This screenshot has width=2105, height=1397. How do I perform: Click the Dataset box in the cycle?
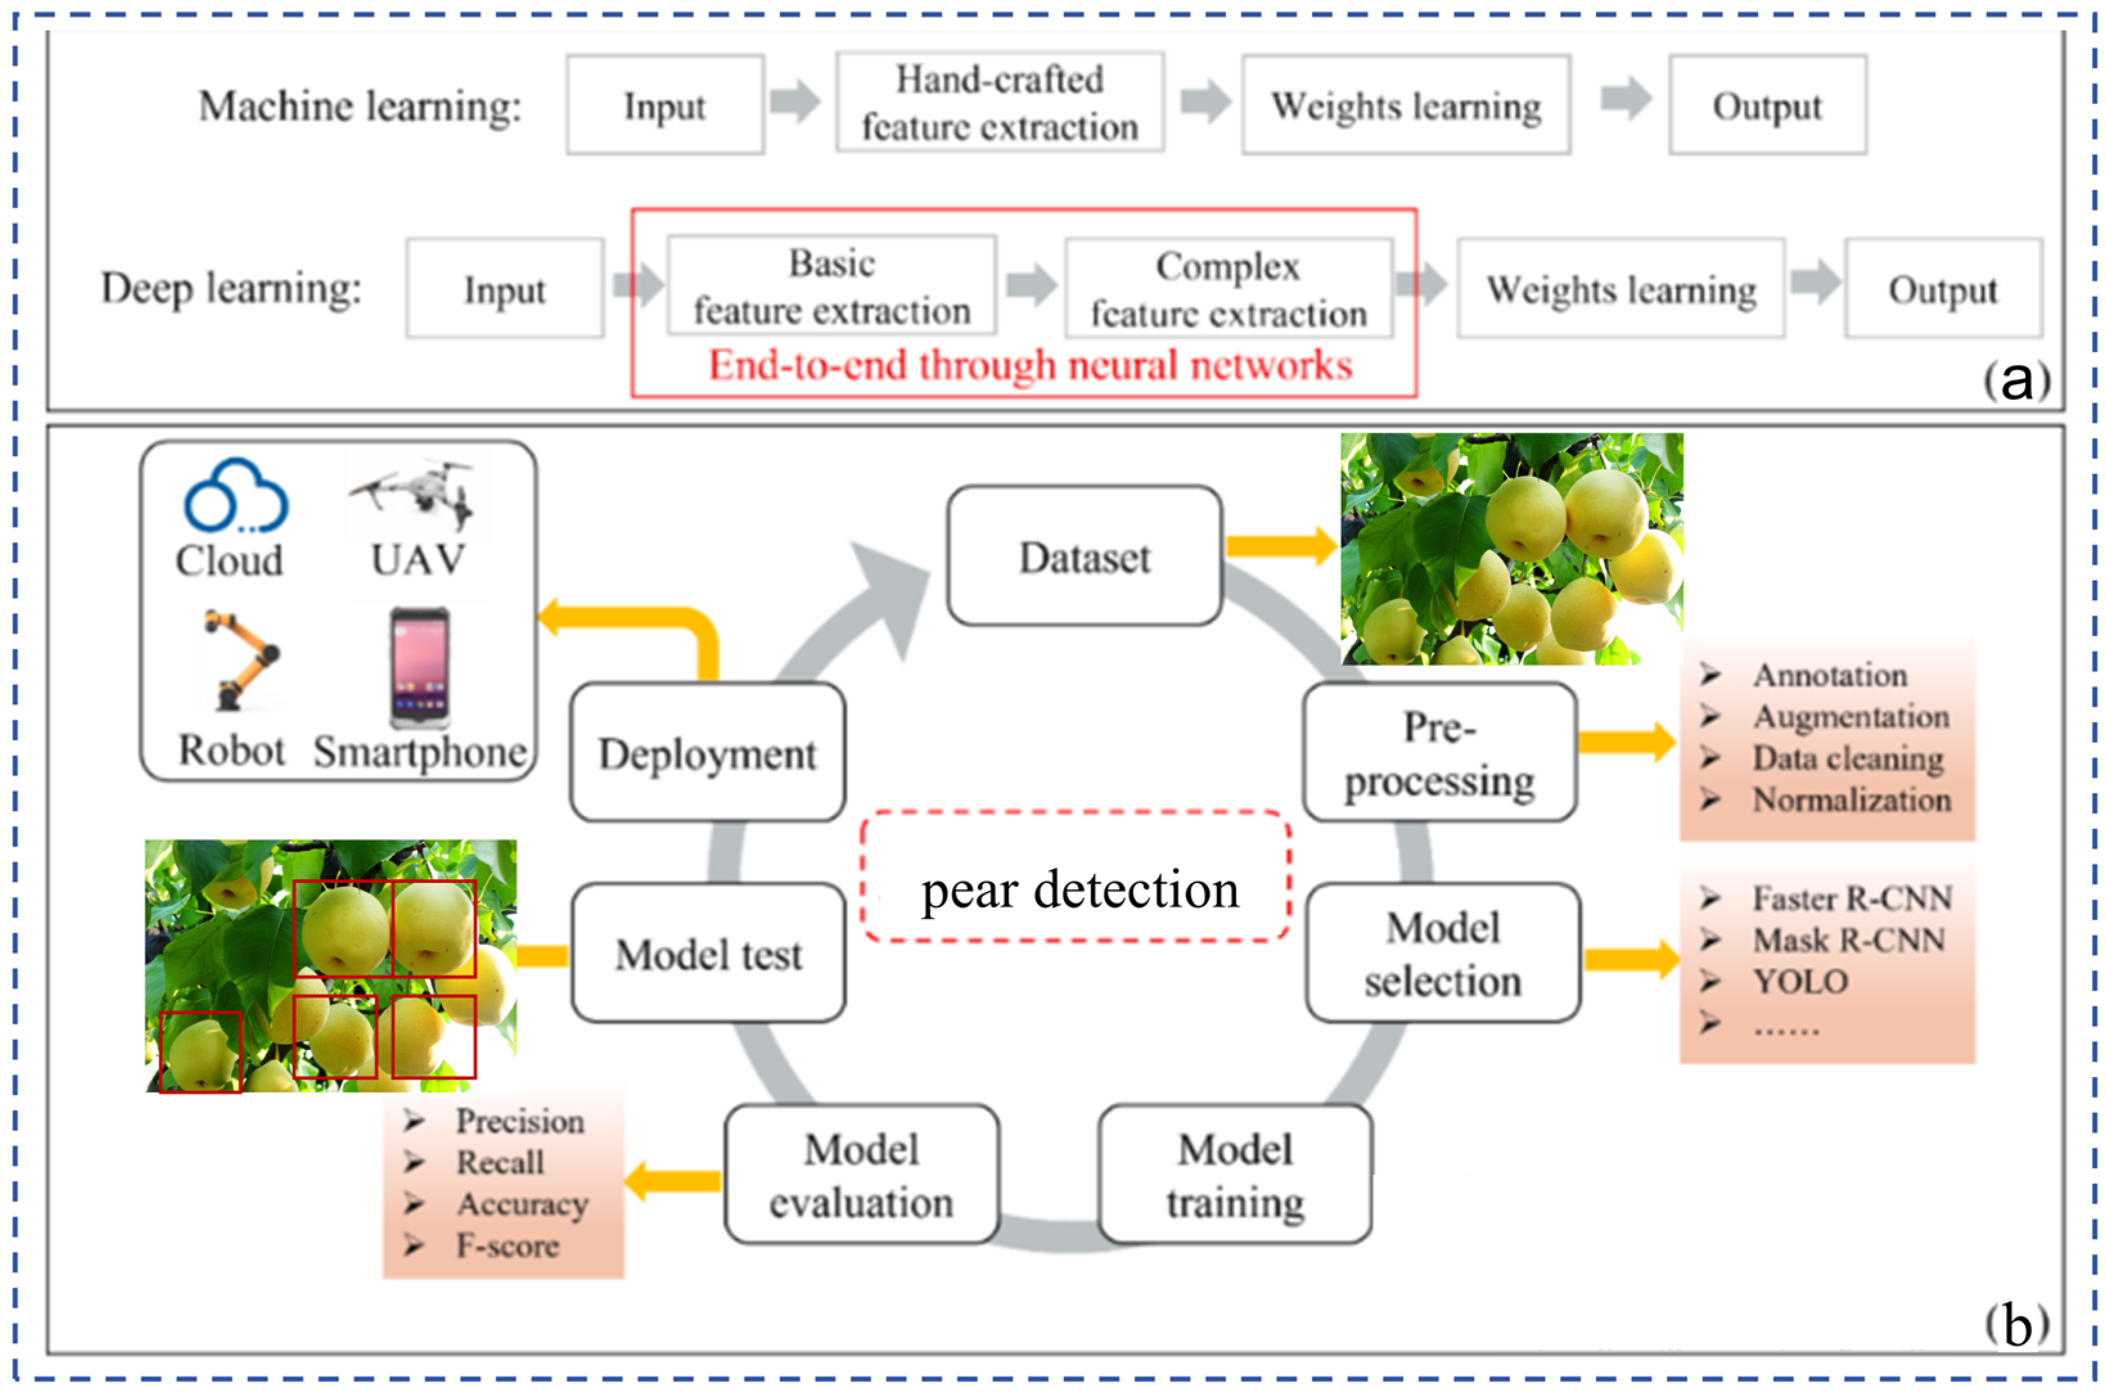coord(1083,555)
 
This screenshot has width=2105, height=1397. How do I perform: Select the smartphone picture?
coord(420,666)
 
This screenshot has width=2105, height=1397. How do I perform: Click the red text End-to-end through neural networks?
coord(1030,365)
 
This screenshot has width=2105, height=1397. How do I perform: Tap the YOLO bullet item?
coord(1799,981)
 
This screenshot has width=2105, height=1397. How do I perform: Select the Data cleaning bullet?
coord(1847,758)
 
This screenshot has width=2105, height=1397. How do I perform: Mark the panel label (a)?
coord(2016,381)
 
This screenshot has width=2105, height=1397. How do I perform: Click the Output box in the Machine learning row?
coord(1766,105)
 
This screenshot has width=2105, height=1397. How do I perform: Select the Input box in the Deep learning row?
coord(504,289)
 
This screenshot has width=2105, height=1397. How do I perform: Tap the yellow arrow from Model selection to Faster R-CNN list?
coord(1630,959)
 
